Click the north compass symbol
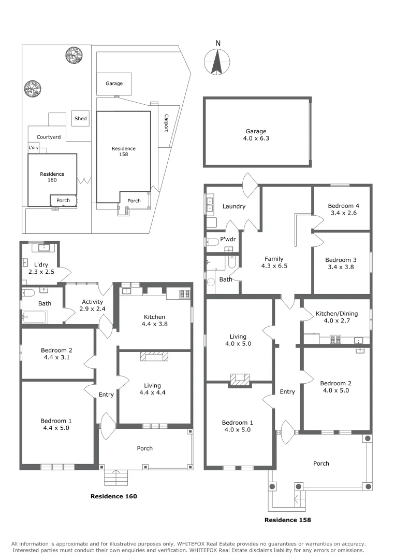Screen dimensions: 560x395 pos(217,61)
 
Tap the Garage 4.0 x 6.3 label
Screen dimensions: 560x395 pos(256,135)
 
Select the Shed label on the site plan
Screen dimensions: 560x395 pos(80,119)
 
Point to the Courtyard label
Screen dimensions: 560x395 pos(49,137)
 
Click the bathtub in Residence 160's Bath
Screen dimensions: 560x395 pos(35,316)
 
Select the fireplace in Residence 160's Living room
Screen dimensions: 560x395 pos(154,357)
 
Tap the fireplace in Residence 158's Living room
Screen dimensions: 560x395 pos(239,380)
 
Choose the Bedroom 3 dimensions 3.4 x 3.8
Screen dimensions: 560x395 pos(342,268)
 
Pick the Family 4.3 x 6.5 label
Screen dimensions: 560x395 pos(274,262)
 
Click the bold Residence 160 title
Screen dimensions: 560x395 pos(114,496)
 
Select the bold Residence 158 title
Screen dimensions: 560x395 pos(288,519)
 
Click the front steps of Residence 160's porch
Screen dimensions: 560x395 pos(116,477)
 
